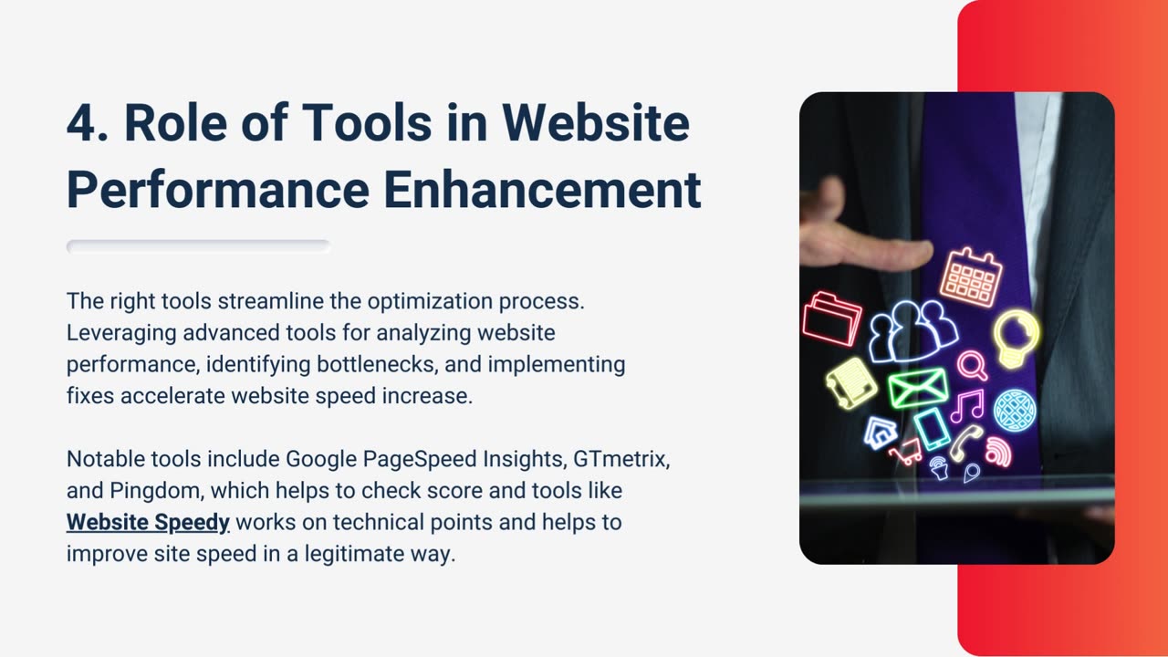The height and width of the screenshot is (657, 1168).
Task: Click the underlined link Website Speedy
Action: (148, 523)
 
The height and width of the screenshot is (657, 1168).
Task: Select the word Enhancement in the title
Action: (542, 190)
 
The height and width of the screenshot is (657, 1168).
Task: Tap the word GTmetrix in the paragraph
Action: (621, 459)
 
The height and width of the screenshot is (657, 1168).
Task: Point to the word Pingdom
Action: (156, 492)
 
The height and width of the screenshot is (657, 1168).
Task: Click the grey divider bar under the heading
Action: (199, 246)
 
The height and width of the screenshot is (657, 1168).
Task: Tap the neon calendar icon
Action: (971, 276)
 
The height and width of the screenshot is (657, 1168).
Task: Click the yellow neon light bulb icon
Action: (1016, 339)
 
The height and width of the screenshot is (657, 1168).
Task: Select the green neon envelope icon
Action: (918, 388)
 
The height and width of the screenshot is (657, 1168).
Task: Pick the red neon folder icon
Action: (832, 319)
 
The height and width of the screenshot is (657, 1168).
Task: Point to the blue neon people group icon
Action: (912, 331)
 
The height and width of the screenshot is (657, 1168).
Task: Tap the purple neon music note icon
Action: (967, 406)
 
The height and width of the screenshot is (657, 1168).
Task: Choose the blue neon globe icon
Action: (1014, 411)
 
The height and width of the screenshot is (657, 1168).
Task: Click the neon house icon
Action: (881, 433)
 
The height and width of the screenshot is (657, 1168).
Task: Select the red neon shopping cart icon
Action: (906, 453)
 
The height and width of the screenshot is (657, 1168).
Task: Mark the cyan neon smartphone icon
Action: (933, 429)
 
